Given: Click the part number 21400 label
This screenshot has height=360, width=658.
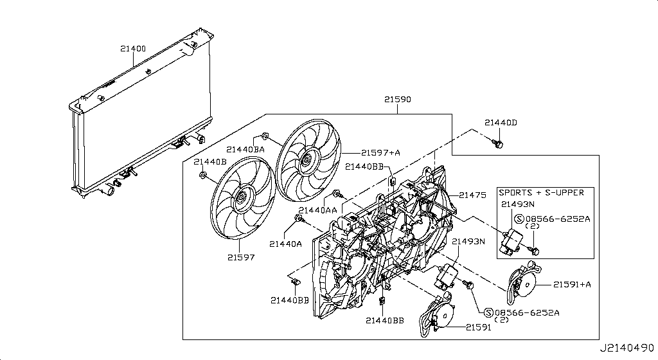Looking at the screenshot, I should (132, 48).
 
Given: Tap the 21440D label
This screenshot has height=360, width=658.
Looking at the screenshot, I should (501, 122).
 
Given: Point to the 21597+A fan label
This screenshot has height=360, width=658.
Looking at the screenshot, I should (380, 152).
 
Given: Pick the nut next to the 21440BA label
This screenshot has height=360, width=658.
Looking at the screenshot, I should (265, 137).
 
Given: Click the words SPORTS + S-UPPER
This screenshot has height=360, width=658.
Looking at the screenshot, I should (541, 192).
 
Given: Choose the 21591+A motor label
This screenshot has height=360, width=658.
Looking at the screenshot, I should (571, 283).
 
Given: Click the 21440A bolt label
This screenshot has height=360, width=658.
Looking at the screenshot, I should (286, 244).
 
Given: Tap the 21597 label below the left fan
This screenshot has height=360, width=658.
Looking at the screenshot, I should (240, 257).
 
